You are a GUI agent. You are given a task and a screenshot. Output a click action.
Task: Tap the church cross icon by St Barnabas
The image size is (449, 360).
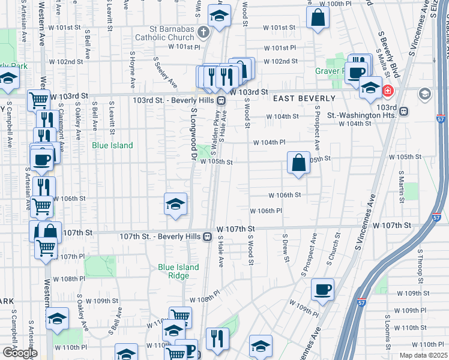[x=203, y=32]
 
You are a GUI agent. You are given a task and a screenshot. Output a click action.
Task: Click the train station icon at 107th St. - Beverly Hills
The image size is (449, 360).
[x=207, y=236]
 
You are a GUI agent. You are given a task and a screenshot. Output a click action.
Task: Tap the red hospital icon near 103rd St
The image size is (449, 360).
[x=388, y=91]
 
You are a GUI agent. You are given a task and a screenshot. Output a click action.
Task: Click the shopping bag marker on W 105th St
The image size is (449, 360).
[x=298, y=163]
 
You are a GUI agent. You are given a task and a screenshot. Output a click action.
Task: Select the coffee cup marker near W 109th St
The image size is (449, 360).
[x=322, y=289]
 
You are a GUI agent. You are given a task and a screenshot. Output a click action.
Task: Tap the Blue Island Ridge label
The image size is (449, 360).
[x=174, y=271]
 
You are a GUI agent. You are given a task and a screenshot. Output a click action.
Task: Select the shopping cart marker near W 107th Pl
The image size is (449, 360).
[x=46, y=247]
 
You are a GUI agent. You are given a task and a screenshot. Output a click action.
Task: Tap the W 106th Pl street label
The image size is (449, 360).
[x=266, y=211]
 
